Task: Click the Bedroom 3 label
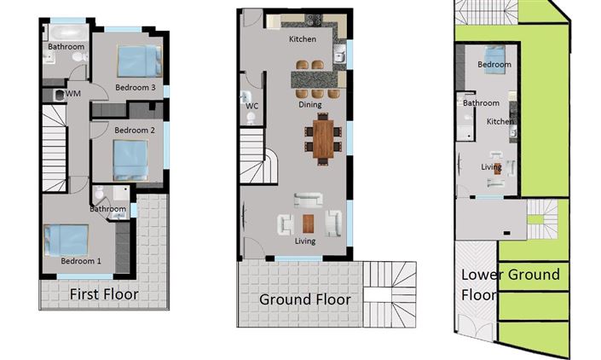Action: (135, 87)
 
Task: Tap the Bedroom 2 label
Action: (134, 131)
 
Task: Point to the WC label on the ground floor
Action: (251, 106)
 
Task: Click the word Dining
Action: (309, 105)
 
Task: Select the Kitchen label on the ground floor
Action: (303, 39)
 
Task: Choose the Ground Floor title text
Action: (304, 299)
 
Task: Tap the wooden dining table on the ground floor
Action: (323, 139)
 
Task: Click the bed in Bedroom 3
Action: (138, 61)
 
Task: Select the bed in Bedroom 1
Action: (66, 239)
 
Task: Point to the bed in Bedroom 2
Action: (131, 159)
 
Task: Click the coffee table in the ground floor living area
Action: (308, 224)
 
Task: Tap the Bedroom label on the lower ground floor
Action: (494, 65)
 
